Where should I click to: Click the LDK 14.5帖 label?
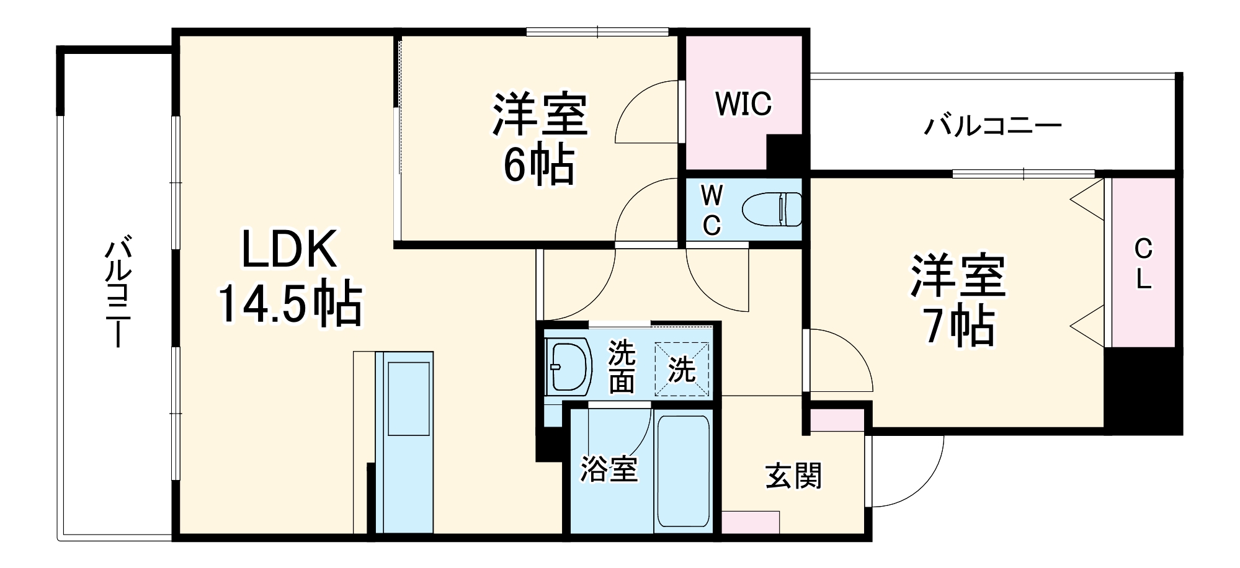[289, 277]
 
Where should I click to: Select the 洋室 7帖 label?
[958, 301]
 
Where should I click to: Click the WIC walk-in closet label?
[744, 104]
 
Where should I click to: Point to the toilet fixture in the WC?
[773, 210]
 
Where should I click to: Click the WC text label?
[711, 211]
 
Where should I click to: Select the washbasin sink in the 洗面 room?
[566, 366]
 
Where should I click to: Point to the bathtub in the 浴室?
[683, 471]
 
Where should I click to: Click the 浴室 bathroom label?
[609, 469]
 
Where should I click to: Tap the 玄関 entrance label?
[793, 476]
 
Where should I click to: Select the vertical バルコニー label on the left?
[117, 291]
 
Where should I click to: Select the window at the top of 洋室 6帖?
[597, 32]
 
